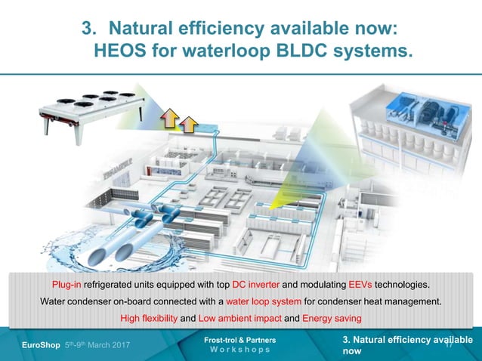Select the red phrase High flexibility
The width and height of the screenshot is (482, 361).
pyautogui.click(x=148, y=319)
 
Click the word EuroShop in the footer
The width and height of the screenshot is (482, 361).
pyautogui.click(x=38, y=346)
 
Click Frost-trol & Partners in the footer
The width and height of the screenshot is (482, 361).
pyautogui.click(x=240, y=341)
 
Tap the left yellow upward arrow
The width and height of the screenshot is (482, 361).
pyautogui.click(x=168, y=119)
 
